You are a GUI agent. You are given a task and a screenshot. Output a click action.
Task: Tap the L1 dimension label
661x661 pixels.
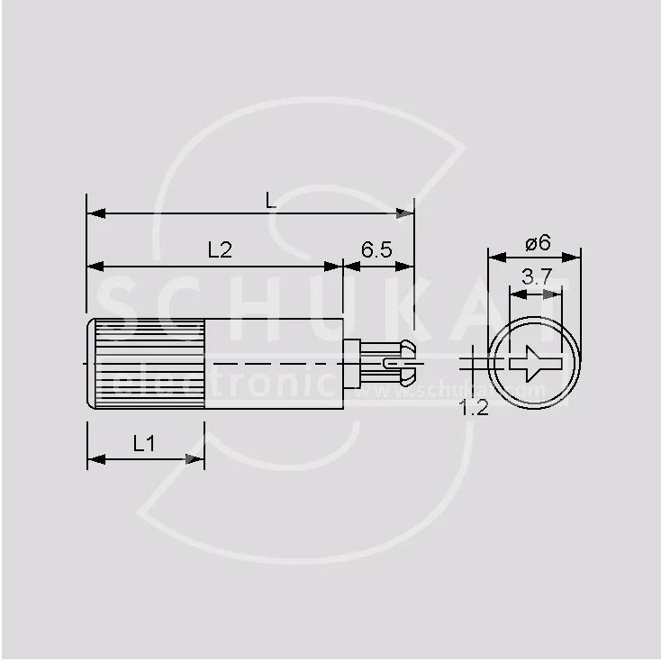pyautogui.click(x=144, y=443)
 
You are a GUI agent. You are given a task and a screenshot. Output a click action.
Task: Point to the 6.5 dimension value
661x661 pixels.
pyautogui.click(x=376, y=250)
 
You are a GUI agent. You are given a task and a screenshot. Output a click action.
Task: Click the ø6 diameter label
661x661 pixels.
pyautogui.click(x=537, y=242)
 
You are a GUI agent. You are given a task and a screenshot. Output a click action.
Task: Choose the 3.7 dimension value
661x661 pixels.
pyautogui.click(x=536, y=277)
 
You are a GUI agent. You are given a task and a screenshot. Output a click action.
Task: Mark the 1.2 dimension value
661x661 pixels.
pyautogui.click(x=474, y=408)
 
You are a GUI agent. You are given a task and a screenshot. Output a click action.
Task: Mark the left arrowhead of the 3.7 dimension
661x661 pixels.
pyautogui.click(x=516, y=292)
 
